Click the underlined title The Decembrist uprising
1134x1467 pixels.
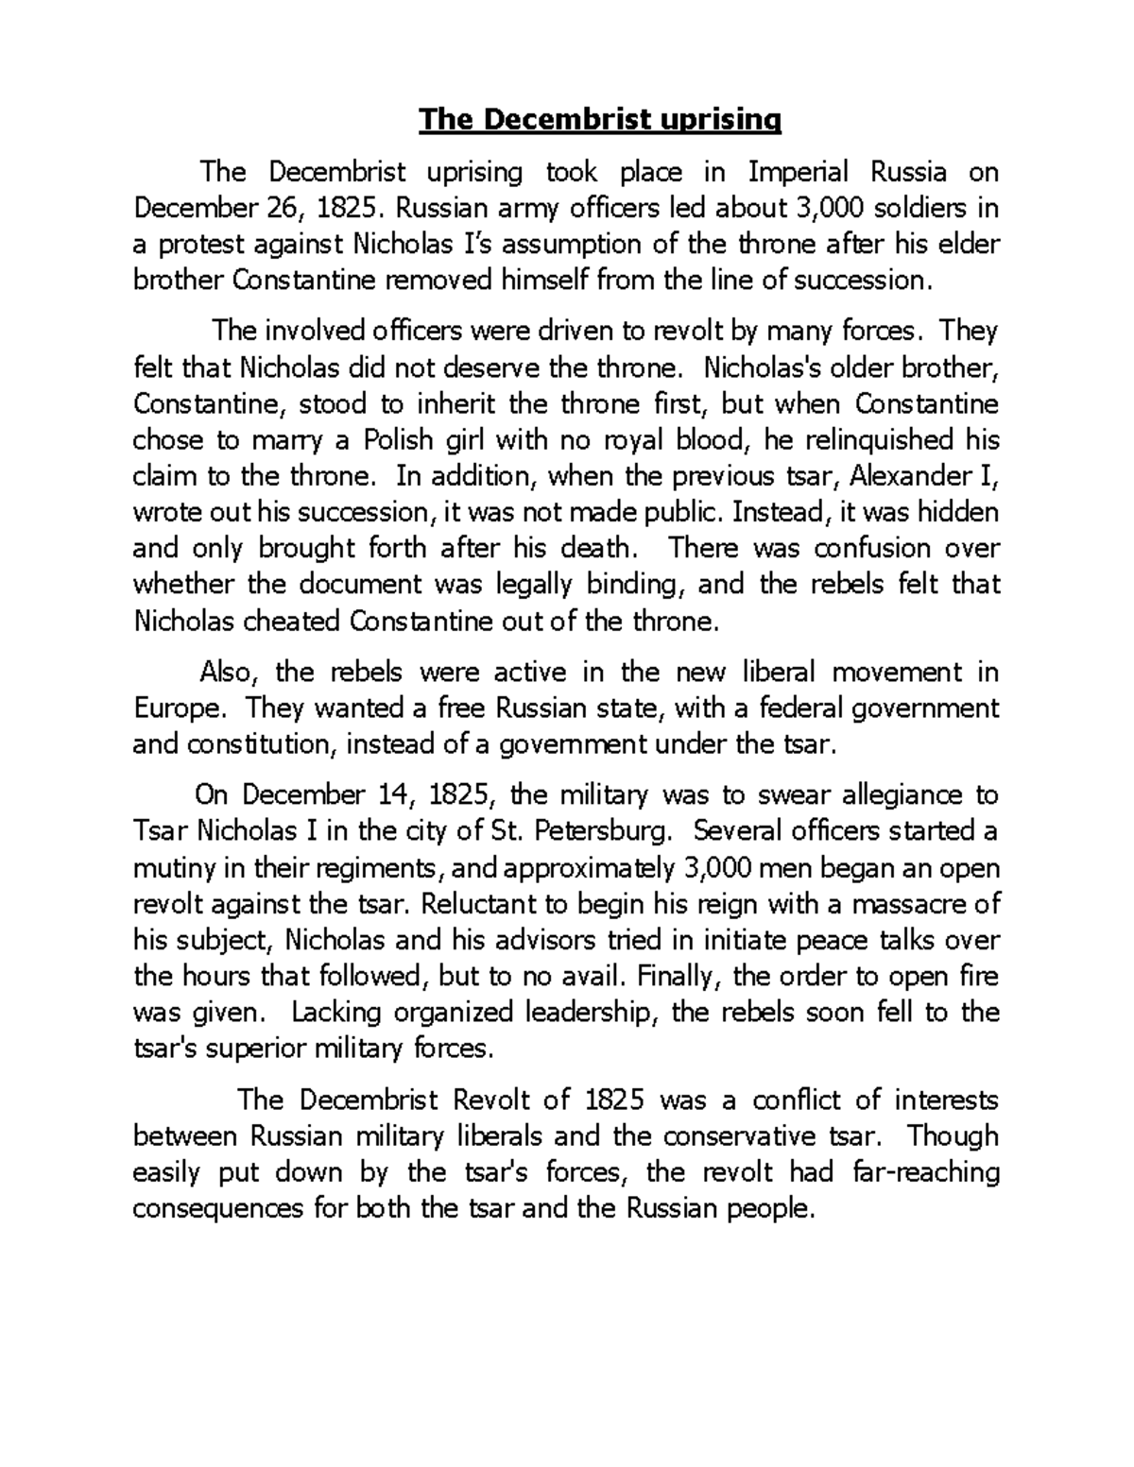coord(601,120)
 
